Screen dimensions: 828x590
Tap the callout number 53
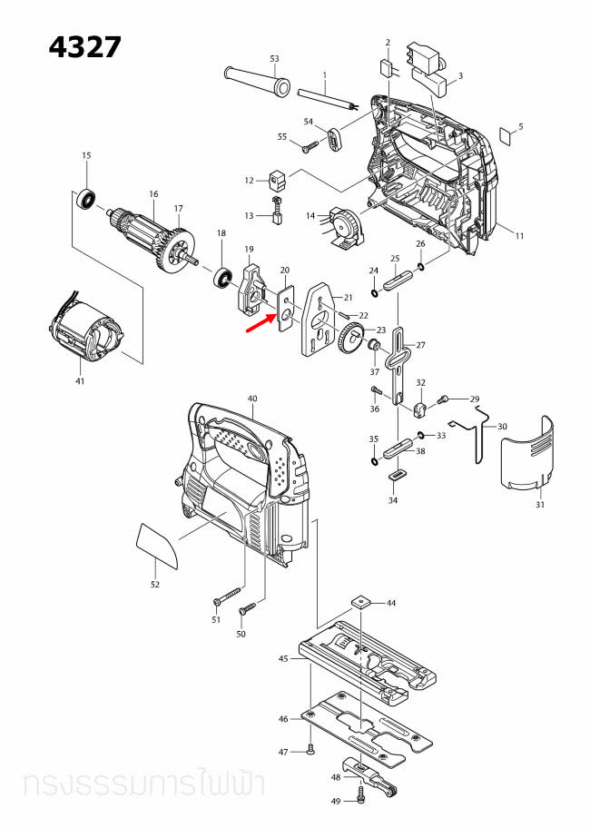(x=274, y=58)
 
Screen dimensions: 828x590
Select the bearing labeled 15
(x=87, y=197)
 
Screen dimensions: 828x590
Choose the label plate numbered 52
(x=156, y=547)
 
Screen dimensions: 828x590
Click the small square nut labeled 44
(x=361, y=602)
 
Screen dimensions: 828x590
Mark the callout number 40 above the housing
(x=252, y=399)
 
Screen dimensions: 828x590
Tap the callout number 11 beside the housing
(x=519, y=236)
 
